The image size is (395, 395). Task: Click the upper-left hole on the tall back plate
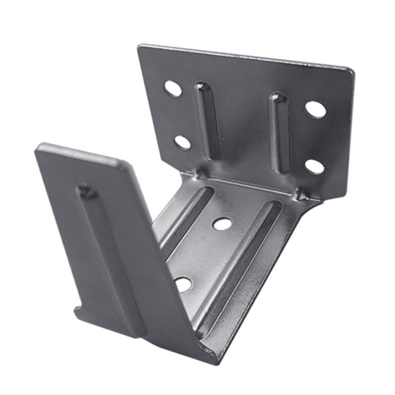pyautogui.click(x=173, y=88)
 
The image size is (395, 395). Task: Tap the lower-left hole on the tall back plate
pyautogui.click(x=183, y=142)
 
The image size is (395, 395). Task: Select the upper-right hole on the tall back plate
pyautogui.click(x=316, y=109)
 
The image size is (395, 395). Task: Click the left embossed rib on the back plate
pyautogui.click(x=207, y=121)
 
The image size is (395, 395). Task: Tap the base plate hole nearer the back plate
pyautogui.click(x=222, y=224)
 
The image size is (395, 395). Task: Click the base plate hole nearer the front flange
pyautogui.click(x=183, y=284)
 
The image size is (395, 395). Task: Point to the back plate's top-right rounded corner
pyautogui.click(x=351, y=71)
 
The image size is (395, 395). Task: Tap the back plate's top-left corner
pyautogui.click(x=140, y=47)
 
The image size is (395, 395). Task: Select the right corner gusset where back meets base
pyautogui.click(x=301, y=195)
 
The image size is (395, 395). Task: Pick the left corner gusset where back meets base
pyautogui.click(x=200, y=173)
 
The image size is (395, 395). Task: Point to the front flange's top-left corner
pyautogui.click(x=39, y=147)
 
